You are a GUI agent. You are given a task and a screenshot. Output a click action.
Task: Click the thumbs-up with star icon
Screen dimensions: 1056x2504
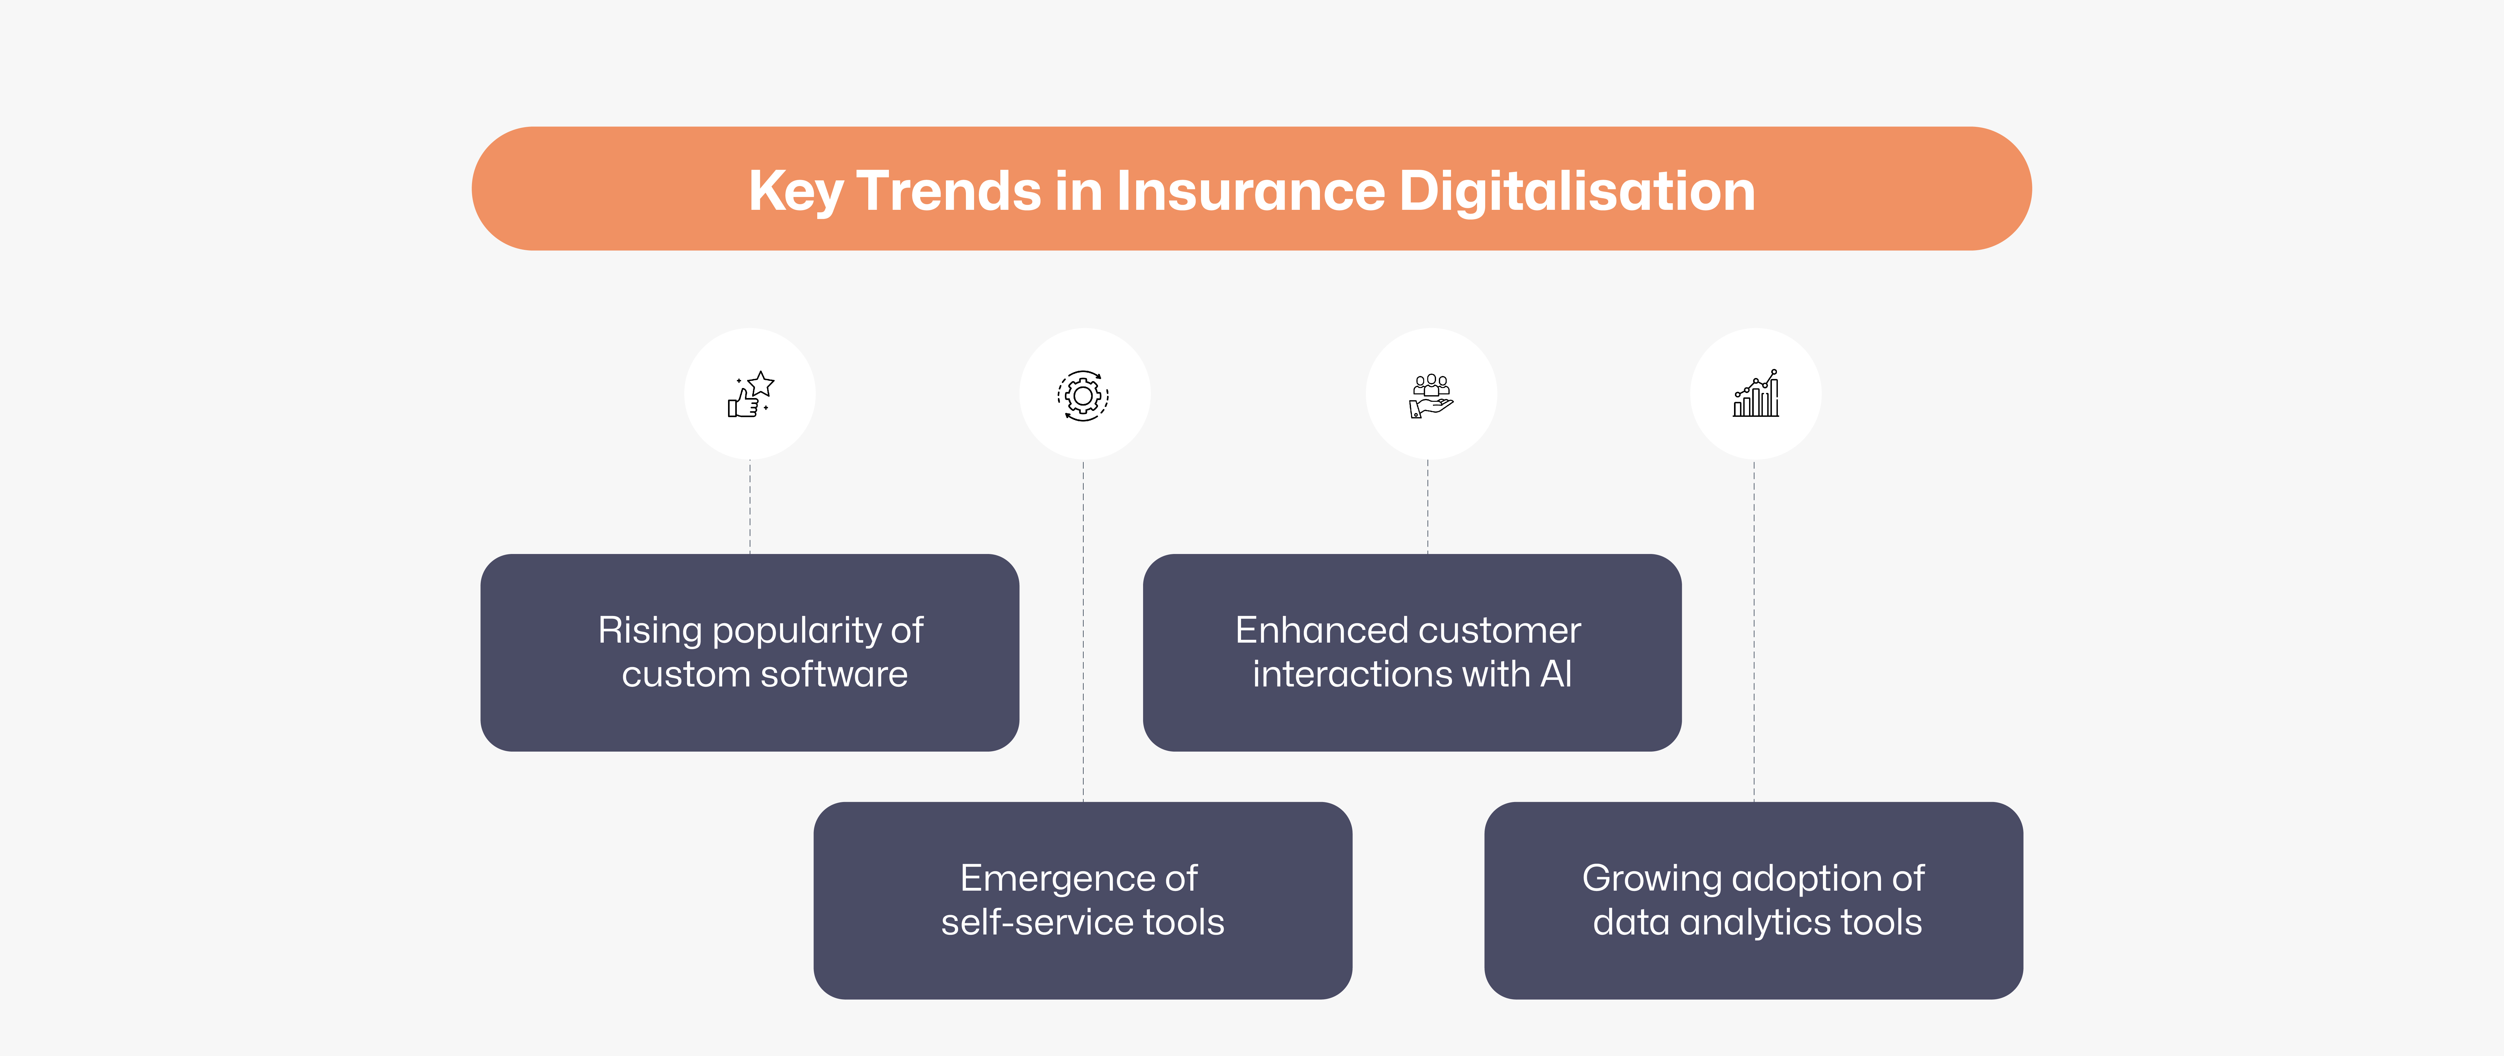coord(751,394)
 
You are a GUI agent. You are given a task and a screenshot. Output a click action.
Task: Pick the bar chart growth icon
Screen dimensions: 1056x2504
coord(1756,394)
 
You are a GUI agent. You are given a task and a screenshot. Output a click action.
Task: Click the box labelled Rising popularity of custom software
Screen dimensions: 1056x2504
coord(749,652)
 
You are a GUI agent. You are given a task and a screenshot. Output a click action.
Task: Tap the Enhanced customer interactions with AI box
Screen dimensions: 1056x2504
coord(1411,652)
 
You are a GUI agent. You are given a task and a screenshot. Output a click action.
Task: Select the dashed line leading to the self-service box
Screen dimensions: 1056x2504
coord(1083,632)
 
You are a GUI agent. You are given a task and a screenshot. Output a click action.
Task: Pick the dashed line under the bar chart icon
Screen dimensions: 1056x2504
coord(1753,632)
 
